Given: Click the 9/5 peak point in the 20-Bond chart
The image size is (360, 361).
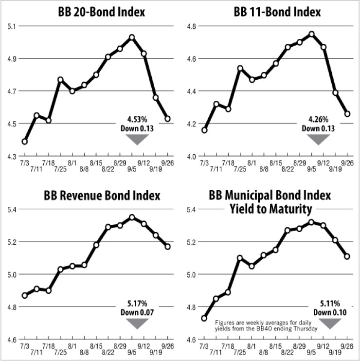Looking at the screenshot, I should [132, 37].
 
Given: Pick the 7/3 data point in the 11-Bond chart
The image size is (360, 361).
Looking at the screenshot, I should [203, 130].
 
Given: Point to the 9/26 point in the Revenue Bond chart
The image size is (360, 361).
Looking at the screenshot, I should [168, 247].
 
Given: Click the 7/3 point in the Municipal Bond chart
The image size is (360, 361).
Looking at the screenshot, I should [203, 318].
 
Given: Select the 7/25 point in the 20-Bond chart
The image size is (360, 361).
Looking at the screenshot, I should [60, 79].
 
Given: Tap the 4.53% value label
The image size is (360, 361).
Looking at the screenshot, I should [137, 119].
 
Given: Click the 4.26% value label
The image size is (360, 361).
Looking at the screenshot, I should [318, 119].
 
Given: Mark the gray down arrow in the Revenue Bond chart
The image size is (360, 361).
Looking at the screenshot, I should [136, 324].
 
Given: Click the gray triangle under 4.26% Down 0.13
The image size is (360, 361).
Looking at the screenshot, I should [318, 140].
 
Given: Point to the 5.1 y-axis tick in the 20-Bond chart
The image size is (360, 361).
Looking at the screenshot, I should [11, 26].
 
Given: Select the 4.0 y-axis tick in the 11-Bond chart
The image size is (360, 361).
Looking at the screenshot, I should [192, 156].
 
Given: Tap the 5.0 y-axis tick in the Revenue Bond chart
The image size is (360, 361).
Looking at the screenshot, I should [11, 274].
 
